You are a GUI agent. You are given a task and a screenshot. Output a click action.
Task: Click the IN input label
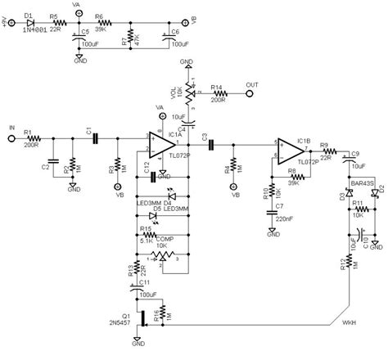pyautogui.click(x=11, y=128)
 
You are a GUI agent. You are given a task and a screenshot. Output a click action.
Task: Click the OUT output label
pyautogui.click(x=252, y=83)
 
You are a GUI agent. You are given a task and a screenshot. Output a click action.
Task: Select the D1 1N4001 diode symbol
pyautogui.click(x=29, y=23)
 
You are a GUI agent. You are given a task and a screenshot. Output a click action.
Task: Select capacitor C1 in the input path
pyautogui.click(x=96, y=140)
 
